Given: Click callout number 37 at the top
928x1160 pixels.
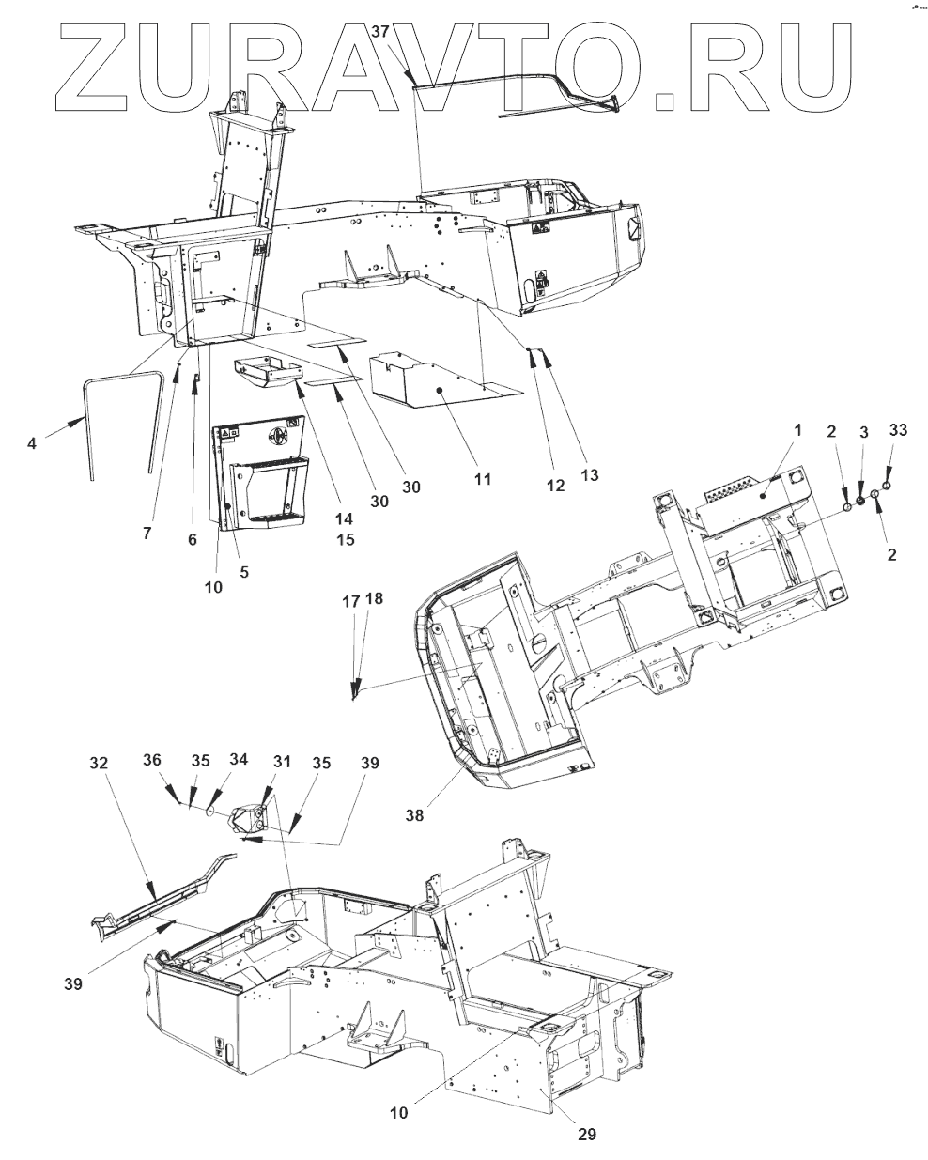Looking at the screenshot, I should click(380, 31).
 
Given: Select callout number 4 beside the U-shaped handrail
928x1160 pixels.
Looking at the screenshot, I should click(32, 441).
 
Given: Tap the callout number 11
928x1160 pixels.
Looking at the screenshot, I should click(482, 479).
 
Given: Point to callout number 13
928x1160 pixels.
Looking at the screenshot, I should click(589, 475).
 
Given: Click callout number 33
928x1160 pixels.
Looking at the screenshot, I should click(898, 430).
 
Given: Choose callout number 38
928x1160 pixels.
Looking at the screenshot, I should click(414, 815).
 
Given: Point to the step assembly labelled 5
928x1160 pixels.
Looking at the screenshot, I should click(263, 479).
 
